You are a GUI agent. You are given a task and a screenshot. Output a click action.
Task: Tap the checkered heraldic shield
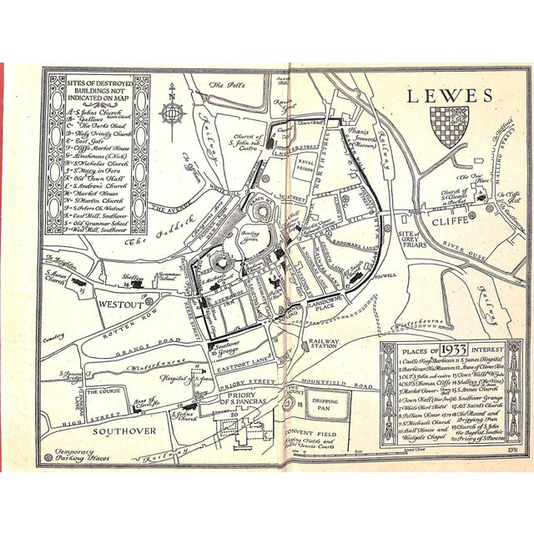(449, 126)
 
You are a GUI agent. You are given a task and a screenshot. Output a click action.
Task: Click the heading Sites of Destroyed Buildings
(97, 89)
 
